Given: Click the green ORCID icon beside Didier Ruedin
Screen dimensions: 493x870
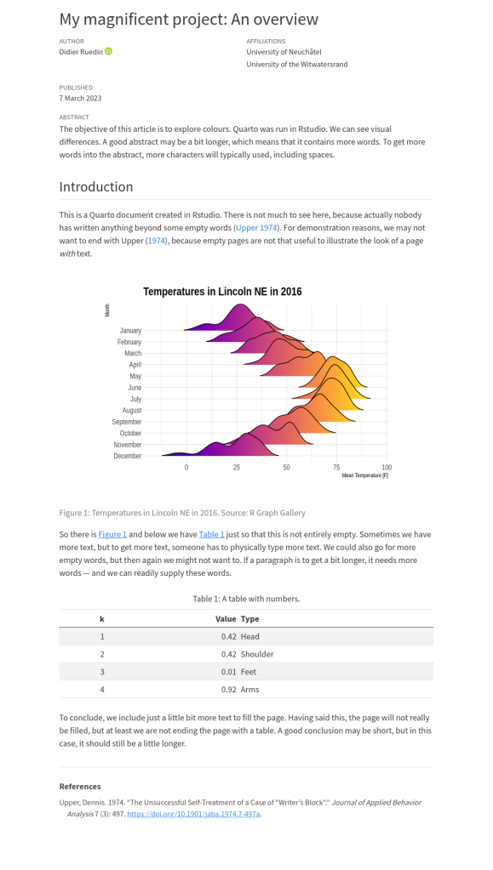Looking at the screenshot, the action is pos(108,52).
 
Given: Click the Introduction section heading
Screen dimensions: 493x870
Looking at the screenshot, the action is pos(96,186).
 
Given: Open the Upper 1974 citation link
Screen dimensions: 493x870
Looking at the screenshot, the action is pos(257,227).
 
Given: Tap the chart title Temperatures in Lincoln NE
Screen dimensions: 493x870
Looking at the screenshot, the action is pos(222,292).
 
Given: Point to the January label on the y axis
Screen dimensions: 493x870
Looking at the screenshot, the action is pos(130,331).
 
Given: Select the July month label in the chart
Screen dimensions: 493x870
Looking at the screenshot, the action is pos(135,399).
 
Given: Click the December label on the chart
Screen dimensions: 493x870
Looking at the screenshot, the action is pos(128,456).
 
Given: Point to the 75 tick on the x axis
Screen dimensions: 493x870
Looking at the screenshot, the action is pos(336,468).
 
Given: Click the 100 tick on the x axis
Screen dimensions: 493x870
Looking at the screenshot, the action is pos(387,468).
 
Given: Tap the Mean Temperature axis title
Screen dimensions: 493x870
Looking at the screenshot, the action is pos(364,475).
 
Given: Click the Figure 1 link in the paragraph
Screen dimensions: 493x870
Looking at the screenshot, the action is pos(112,534).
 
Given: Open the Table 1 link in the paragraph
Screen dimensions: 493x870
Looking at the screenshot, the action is pos(212,534).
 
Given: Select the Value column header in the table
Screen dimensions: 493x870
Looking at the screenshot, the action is pos(226,618).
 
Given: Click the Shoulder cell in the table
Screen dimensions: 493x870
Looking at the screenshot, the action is pos(257,654).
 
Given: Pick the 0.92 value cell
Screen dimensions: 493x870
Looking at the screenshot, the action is pos(228,690).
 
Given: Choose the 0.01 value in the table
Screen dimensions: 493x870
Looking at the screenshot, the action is pos(228,672).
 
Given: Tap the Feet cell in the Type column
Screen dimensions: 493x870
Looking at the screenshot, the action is pos(249,672).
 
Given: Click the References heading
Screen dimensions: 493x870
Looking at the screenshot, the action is pos(80,786).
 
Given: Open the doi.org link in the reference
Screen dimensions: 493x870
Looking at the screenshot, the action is pos(193,814).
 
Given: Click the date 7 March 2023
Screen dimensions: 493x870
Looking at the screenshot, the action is pos(81,98).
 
